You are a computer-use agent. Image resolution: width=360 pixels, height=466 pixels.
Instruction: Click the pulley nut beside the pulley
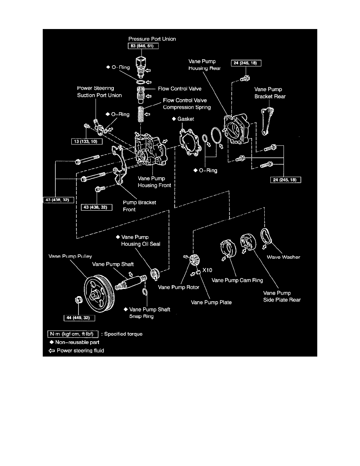point(78,300)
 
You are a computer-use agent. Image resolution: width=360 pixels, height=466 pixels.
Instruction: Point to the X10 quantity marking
point(208,271)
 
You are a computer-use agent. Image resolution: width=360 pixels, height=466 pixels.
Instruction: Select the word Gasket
point(187,118)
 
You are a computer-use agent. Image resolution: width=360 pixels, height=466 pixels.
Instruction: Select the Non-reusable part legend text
point(75,342)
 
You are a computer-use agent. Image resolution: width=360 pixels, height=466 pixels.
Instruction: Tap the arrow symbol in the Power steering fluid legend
point(51,350)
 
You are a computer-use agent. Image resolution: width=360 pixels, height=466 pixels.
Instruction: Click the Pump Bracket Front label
point(139,206)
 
